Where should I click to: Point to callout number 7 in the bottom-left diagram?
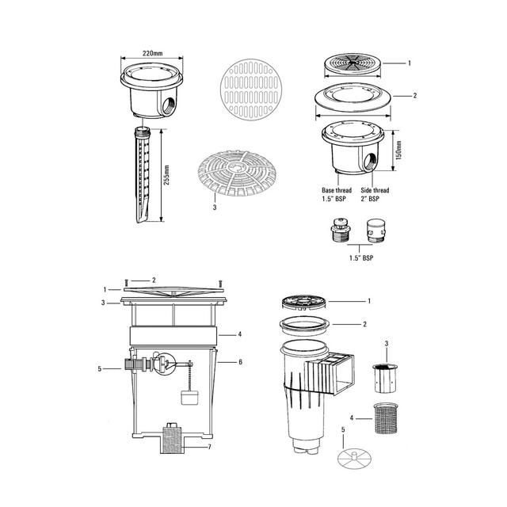click(209, 448)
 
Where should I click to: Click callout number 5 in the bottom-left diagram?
click(99, 369)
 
